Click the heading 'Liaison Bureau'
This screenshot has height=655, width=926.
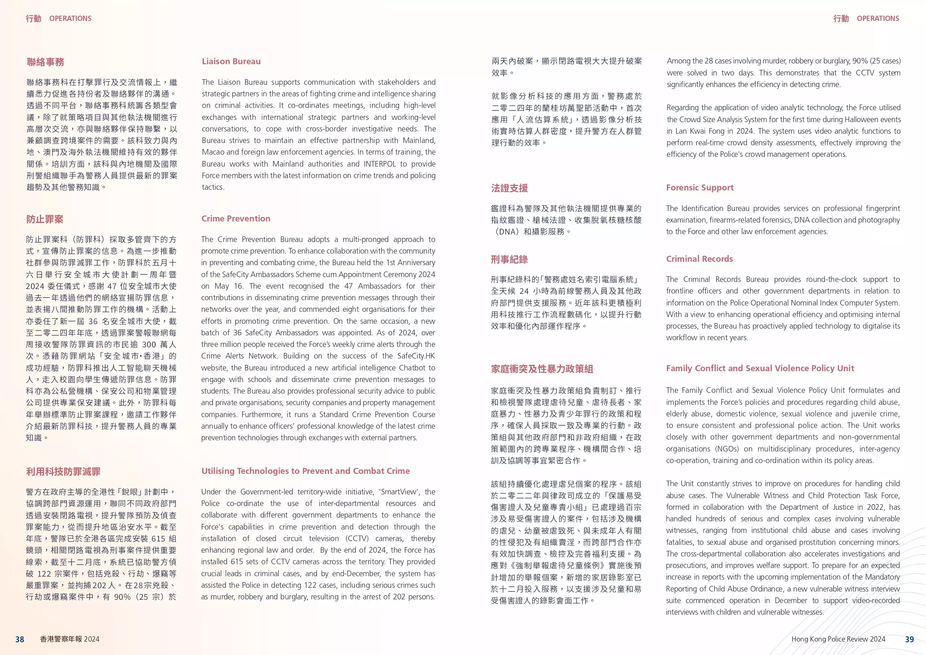[231, 61]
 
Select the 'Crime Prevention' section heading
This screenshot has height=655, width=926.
[236, 219]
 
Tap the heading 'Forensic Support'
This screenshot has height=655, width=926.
[700, 188]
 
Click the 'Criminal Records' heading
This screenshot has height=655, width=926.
[699, 259]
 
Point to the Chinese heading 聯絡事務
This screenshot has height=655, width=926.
[46, 62]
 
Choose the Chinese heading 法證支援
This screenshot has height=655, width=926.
[509, 188]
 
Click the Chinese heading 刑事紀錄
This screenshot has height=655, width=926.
[509, 260]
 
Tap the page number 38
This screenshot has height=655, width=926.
[20, 639]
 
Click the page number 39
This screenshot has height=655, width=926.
[910, 639]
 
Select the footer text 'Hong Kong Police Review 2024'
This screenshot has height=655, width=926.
[838, 639]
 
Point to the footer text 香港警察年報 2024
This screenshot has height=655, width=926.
[69, 639]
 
